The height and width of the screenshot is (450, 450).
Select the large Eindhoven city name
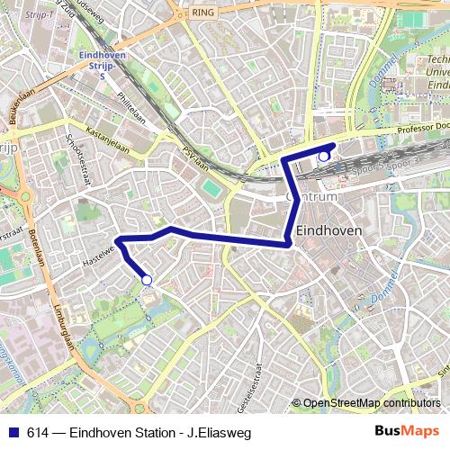coord(328,230)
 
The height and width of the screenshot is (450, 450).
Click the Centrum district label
coord(311,196)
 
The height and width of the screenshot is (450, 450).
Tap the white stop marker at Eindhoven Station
coord(324,157)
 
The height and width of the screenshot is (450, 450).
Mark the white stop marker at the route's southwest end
coord(147,281)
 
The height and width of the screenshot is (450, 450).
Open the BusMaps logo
coord(408,430)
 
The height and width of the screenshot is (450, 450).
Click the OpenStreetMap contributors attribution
coord(372,402)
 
